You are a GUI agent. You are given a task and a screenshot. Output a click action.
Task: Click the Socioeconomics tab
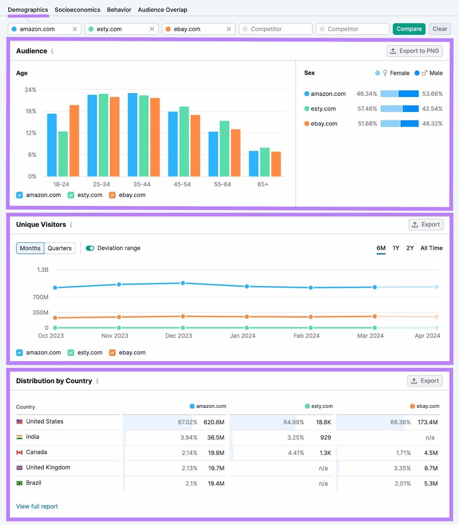click(x=77, y=10)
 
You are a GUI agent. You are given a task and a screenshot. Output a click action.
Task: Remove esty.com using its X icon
click(x=152, y=29)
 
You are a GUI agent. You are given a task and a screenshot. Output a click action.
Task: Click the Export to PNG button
click(x=414, y=51)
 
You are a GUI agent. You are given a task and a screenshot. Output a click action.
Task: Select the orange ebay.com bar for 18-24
click(x=74, y=141)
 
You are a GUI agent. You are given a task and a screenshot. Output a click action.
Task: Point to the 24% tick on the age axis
click(x=31, y=90)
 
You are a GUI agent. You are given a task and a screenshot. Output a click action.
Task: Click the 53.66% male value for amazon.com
click(x=432, y=94)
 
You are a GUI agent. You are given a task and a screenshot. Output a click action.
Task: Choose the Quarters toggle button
click(x=59, y=248)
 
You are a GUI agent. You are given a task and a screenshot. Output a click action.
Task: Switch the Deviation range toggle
click(x=90, y=248)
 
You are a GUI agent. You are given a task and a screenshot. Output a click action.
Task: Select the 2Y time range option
click(x=410, y=248)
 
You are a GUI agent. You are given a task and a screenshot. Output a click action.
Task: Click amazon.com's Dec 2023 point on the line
click(x=183, y=283)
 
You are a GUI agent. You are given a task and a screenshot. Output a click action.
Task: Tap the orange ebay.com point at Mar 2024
click(x=374, y=316)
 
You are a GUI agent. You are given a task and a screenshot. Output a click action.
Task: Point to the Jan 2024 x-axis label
click(x=242, y=336)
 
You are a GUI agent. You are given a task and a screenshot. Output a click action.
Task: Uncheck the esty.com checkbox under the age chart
click(x=71, y=195)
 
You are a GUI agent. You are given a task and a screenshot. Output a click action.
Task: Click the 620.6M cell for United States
click(x=214, y=422)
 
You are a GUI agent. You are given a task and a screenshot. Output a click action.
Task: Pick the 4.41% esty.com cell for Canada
click(x=296, y=453)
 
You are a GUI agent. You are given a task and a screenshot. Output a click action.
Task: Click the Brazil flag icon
click(x=20, y=483)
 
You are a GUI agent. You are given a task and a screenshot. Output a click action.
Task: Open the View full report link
click(x=37, y=506)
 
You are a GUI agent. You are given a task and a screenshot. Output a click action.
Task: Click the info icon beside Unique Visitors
click(x=71, y=225)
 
